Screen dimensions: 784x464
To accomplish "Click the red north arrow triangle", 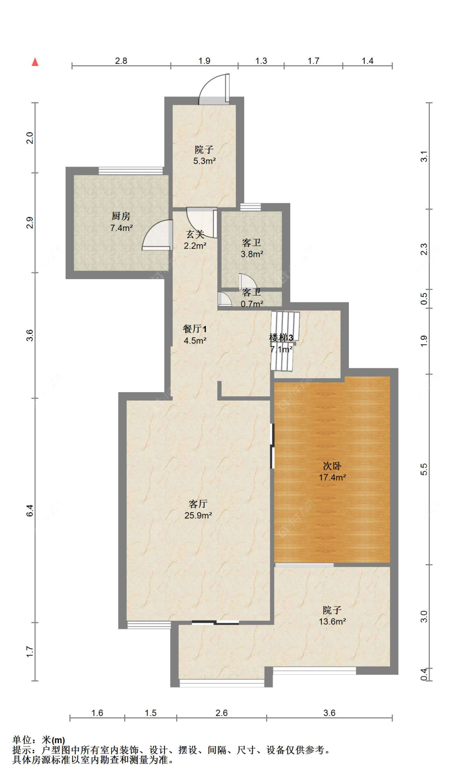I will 35,62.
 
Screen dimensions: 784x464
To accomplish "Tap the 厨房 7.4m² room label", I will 121,222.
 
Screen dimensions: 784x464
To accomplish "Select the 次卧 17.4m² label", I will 332,471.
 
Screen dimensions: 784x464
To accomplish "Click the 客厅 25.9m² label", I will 198,509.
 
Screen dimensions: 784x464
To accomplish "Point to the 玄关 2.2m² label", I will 195,240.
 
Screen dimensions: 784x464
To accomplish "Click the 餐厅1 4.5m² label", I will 195,334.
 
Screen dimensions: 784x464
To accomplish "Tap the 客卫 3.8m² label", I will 252,248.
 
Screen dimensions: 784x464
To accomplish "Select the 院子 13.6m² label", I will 332,615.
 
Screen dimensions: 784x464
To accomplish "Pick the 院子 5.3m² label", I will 204,155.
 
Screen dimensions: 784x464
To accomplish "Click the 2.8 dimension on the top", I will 121,61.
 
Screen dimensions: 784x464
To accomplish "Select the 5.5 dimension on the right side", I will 424,469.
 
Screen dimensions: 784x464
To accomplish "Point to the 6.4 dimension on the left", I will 30,511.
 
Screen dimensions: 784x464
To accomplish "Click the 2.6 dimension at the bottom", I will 221,713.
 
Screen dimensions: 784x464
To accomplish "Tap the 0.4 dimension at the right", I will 424,674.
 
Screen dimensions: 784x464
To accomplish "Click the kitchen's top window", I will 131,171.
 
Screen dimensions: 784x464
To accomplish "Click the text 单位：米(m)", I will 39,740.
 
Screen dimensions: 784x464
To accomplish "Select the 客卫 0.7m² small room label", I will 252,298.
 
